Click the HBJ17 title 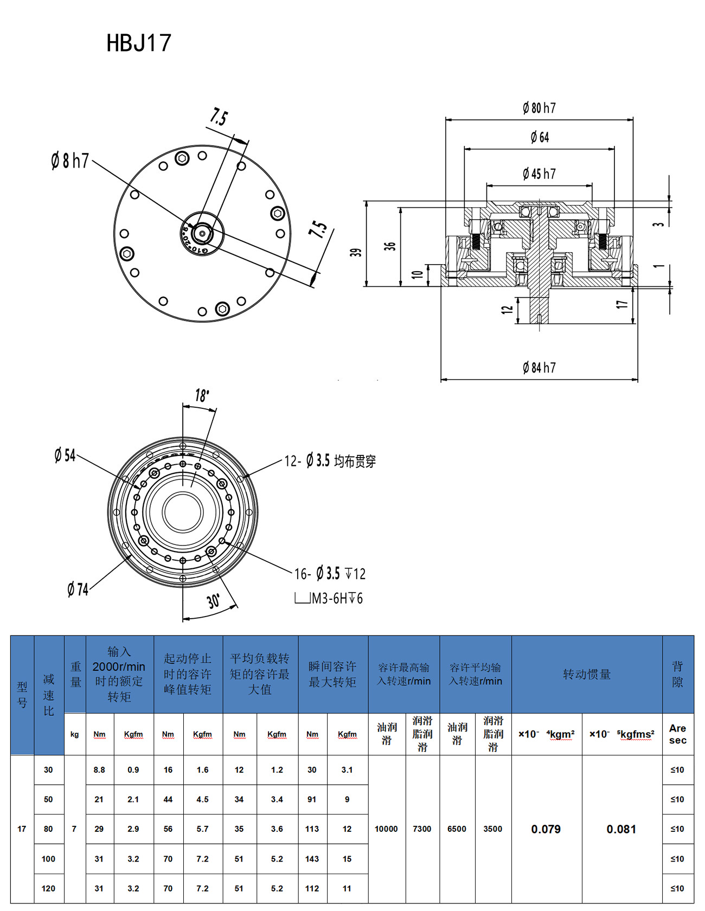139,43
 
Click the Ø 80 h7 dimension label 539,108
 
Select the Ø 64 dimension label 540,137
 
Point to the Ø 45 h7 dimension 539,174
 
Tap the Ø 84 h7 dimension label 539,368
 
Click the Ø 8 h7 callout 70,161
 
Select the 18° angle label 202,395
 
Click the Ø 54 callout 65,455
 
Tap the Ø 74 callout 78,589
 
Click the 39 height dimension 356,252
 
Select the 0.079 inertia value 546,829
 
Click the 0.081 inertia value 621,829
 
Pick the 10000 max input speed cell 386,829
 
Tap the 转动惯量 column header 587,674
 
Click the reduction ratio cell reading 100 48,859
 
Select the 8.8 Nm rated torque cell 99,770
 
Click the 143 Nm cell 312,859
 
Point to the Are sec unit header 677,734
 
